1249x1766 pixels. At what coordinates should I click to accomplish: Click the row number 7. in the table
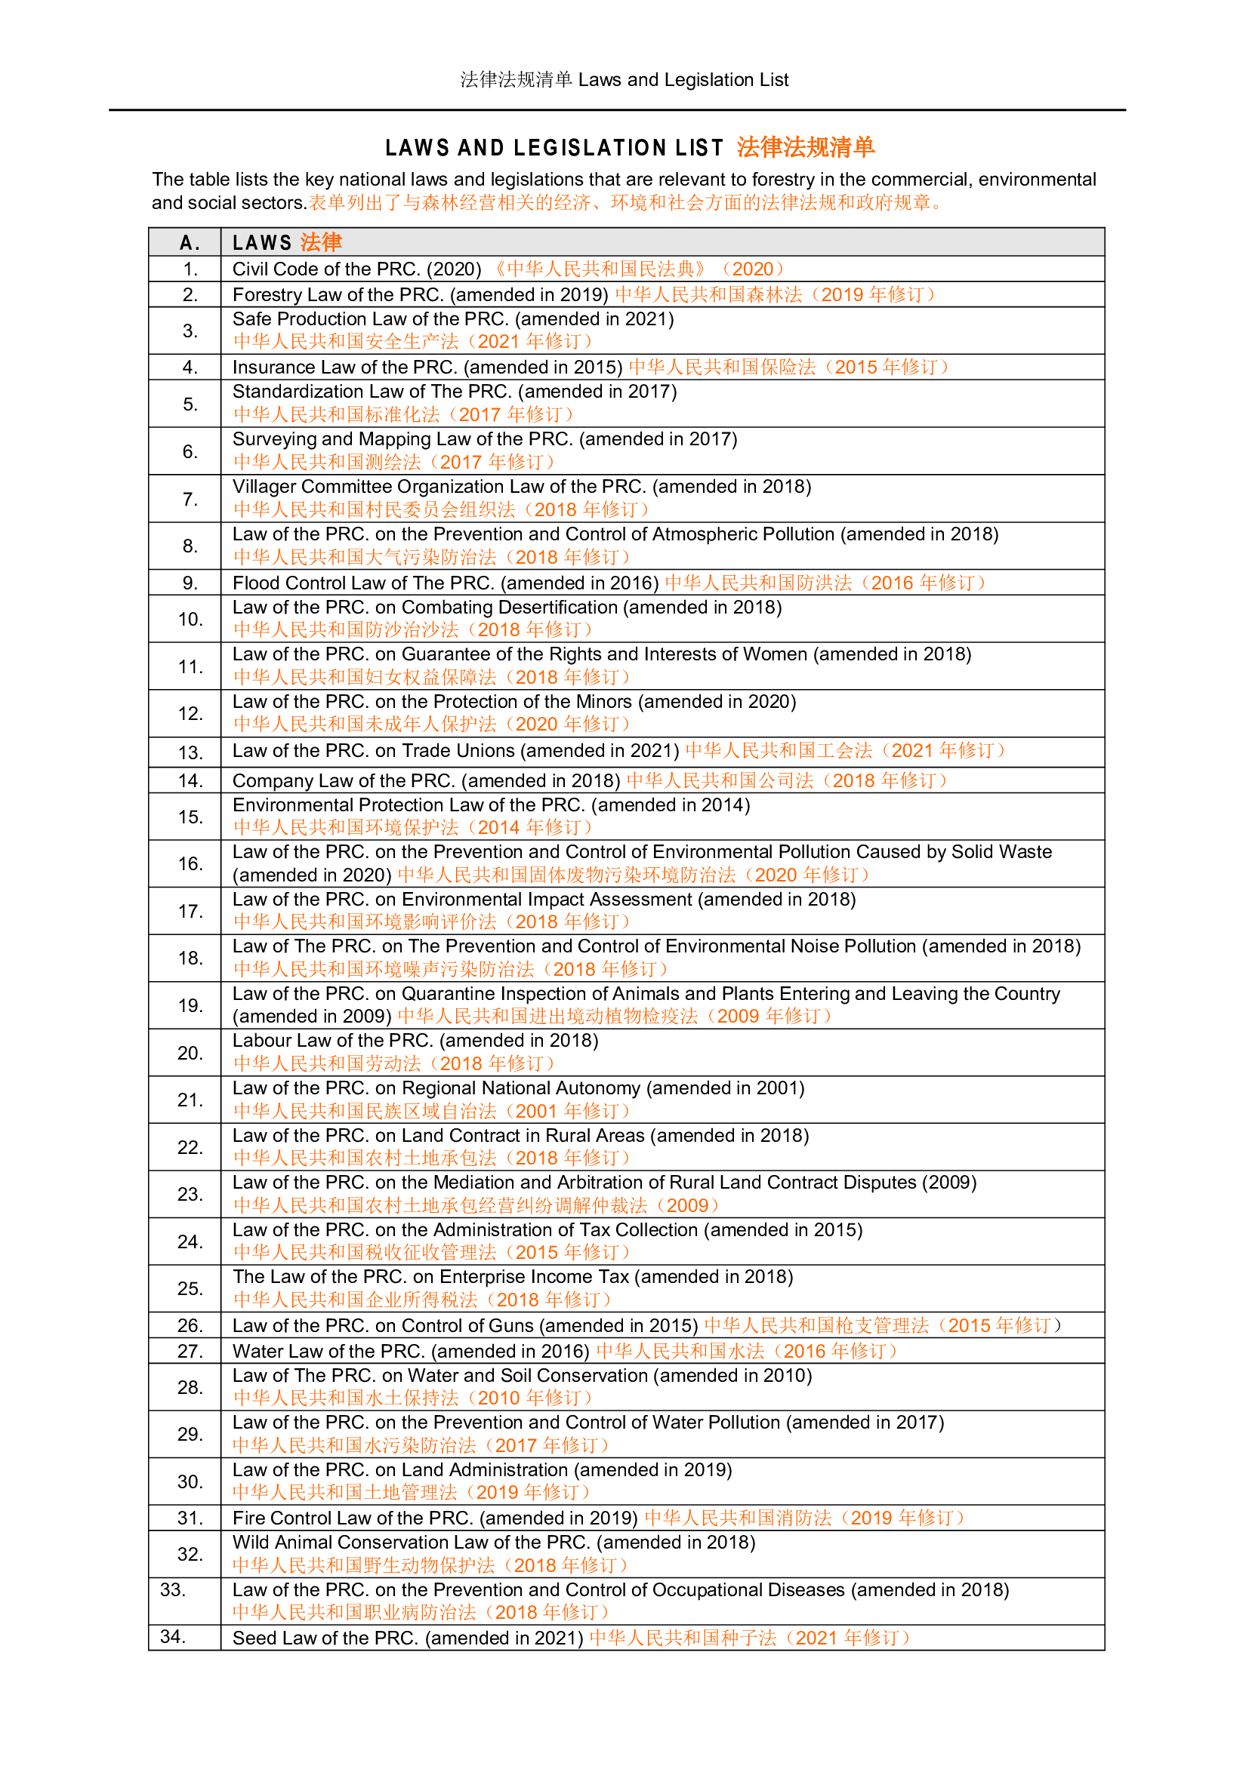190,499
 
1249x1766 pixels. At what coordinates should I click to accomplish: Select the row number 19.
190,1005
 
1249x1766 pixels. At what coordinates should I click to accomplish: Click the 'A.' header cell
190,243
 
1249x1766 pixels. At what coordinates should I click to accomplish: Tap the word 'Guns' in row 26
511,1325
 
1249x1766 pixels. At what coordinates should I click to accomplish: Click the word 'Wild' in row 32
251,1542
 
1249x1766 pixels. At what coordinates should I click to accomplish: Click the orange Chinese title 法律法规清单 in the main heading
805,147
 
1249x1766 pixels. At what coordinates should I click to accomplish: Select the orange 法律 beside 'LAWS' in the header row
321,243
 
